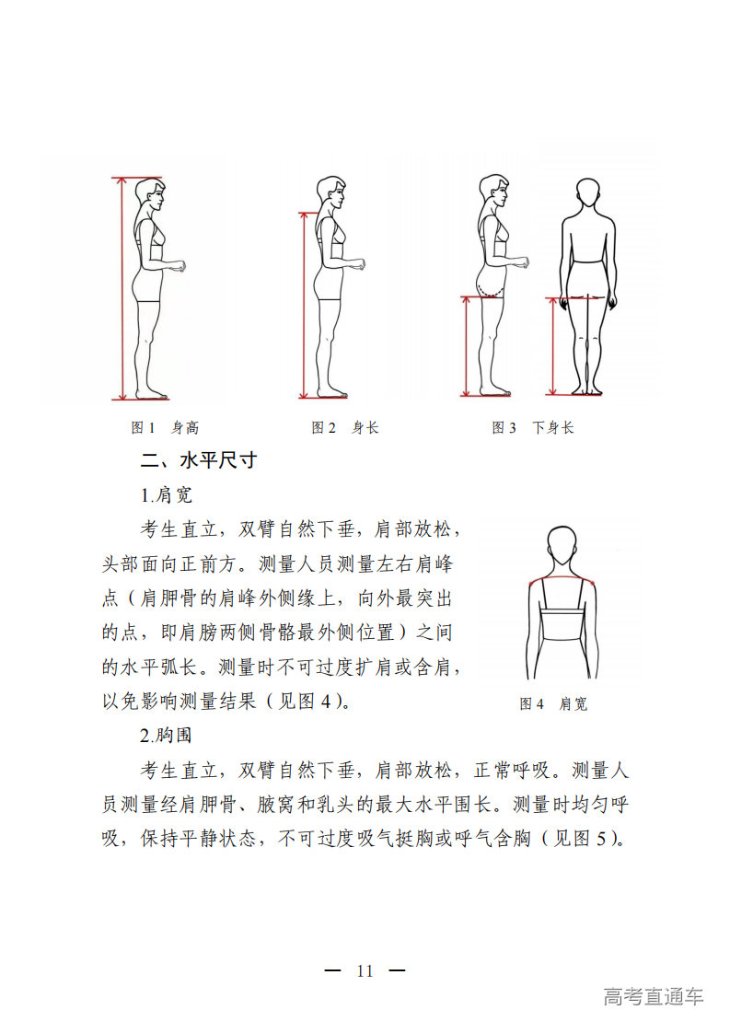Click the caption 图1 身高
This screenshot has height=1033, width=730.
165,427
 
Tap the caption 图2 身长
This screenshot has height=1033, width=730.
345,427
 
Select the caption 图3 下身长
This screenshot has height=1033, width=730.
533,427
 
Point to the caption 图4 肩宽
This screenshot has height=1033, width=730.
552,703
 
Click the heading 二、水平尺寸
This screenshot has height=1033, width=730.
198,460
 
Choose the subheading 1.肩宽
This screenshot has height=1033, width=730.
166,494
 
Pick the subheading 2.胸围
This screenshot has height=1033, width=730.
166,736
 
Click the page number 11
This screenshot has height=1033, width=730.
365,970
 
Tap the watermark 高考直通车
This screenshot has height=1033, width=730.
653,996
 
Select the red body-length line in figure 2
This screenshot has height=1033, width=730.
304,305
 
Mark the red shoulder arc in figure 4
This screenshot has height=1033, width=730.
562,578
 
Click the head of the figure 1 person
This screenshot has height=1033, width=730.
149,195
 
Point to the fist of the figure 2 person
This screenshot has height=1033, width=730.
359,264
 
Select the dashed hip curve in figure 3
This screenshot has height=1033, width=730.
490,290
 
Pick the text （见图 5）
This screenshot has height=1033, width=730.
583,838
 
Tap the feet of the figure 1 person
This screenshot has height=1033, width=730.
152,394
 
